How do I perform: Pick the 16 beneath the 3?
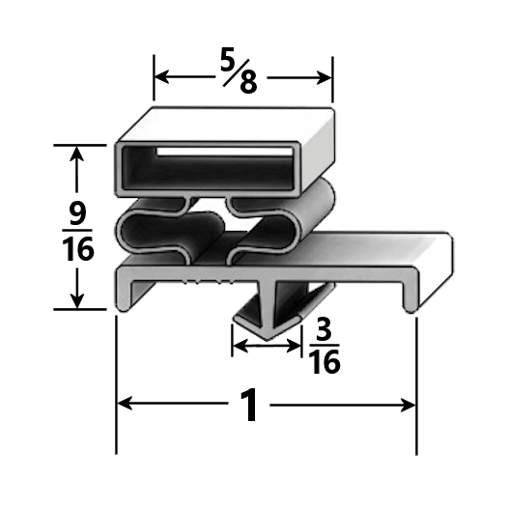324,362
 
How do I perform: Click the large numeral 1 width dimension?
250,406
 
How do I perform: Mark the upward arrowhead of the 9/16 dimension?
78,153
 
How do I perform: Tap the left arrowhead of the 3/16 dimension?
237,342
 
